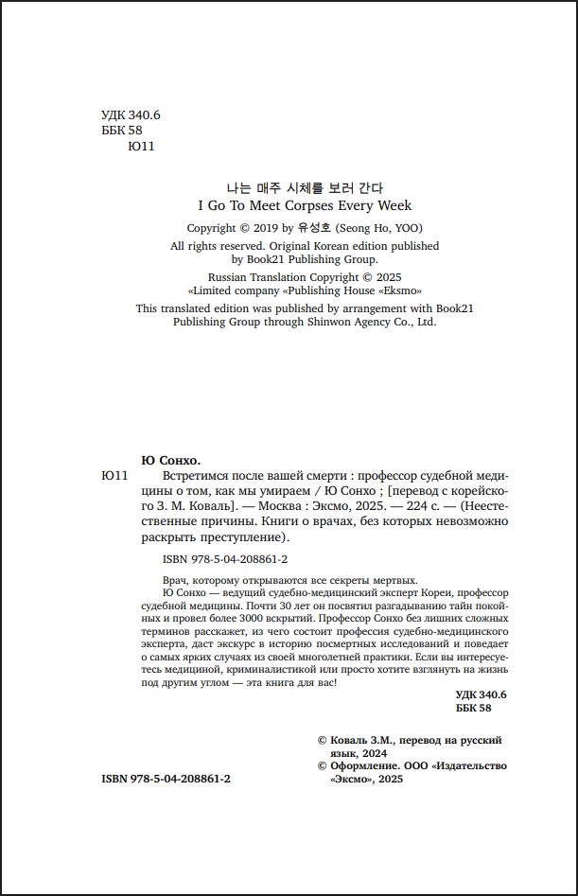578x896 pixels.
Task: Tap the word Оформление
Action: tap(362, 765)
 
